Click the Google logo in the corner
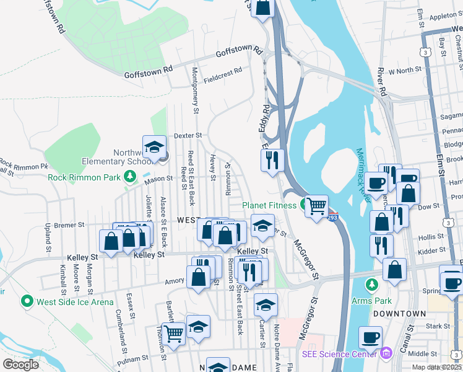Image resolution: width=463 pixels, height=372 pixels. click(x=20, y=365)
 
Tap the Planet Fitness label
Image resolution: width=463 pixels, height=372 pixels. click(x=270, y=205)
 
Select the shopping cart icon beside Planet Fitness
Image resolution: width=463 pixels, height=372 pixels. click(x=316, y=206)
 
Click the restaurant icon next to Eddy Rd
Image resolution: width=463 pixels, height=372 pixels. click(x=273, y=161)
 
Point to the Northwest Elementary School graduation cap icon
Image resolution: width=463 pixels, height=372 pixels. click(x=154, y=148)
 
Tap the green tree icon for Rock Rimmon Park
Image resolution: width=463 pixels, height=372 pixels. click(x=130, y=177)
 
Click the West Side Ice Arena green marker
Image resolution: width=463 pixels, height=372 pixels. click(x=27, y=302)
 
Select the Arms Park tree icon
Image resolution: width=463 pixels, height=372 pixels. click(x=371, y=285)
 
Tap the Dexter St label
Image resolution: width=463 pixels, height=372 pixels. click(x=188, y=135)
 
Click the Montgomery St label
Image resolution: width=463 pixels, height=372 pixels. click(x=196, y=90)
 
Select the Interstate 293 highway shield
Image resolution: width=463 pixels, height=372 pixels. click(x=332, y=218)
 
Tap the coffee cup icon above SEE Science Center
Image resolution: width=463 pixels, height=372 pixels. click(x=371, y=337)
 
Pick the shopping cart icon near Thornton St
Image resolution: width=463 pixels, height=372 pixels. click(x=174, y=332)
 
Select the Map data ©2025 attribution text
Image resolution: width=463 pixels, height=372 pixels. click(x=437, y=367)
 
